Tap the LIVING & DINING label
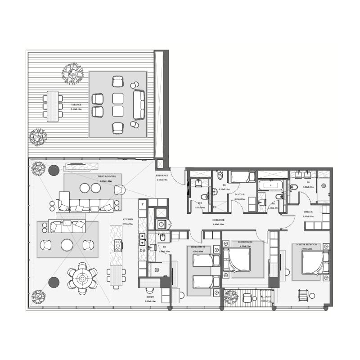tap(106, 177)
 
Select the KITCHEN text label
tap(128, 220)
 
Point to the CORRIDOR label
tap(219, 220)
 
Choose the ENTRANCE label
tap(162, 175)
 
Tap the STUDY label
tap(151, 297)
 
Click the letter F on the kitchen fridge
tap(143, 204)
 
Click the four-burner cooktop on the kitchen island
tap(118, 246)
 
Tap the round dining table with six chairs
tap(82, 279)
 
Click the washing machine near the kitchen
tap(161, 224)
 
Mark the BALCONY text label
tap(265, 297)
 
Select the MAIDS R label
tap(240, 194)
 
